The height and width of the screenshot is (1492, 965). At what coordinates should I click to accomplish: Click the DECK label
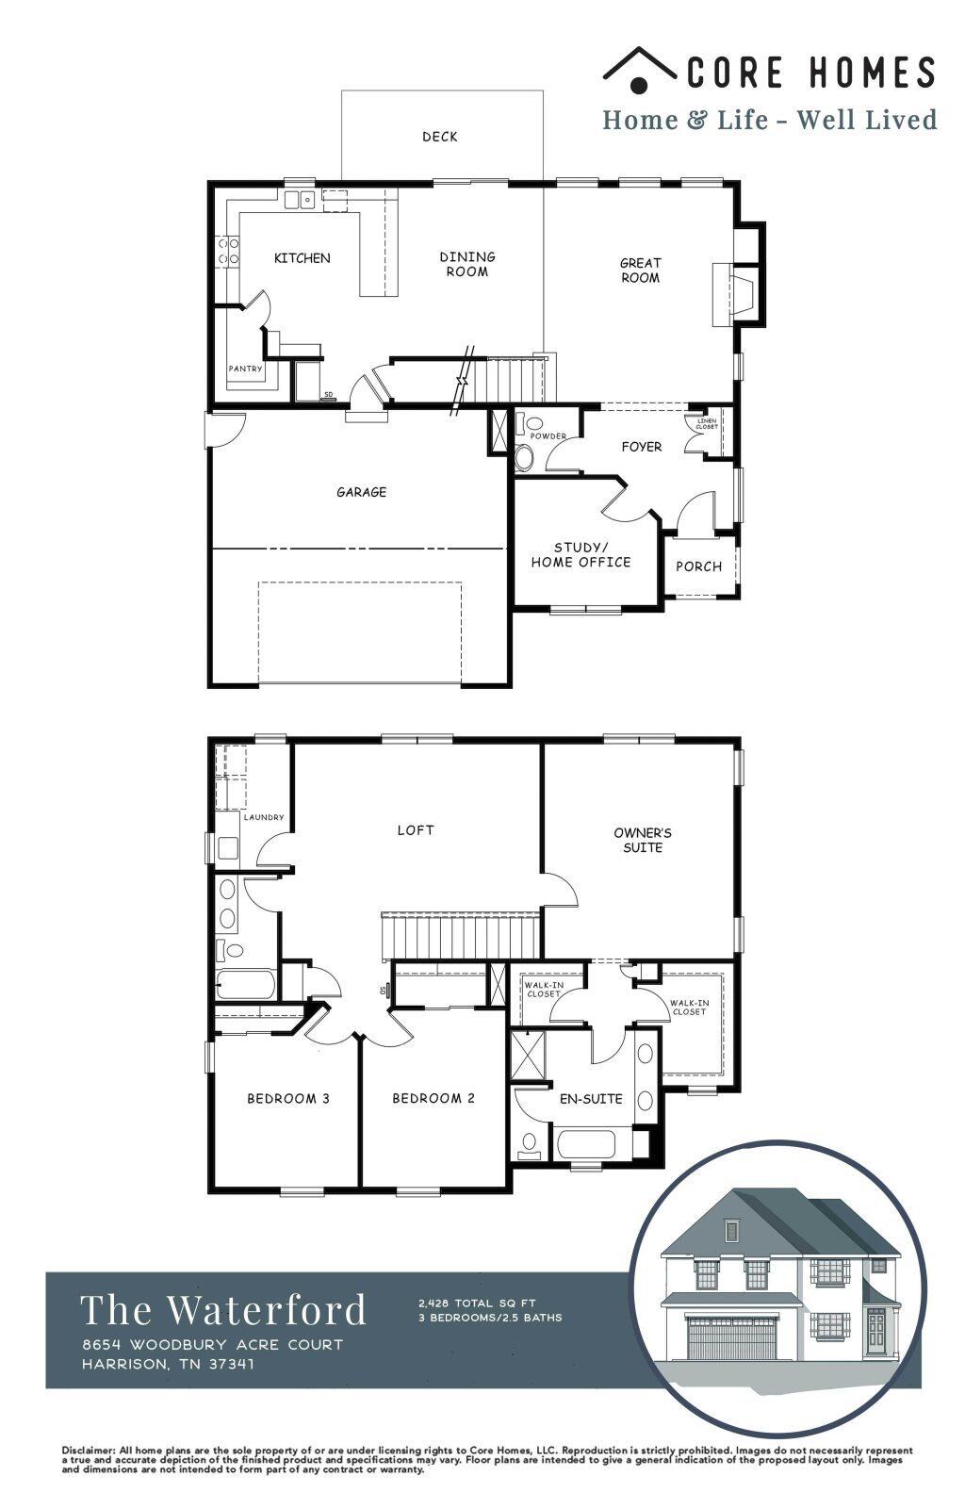439,137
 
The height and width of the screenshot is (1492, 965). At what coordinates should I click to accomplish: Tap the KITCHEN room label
302,257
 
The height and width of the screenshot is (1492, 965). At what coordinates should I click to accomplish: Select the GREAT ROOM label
640,270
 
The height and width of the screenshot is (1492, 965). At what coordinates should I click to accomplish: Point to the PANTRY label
245,369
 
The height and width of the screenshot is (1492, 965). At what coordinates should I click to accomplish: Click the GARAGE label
362,492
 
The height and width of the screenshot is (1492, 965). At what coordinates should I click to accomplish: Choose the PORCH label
698,566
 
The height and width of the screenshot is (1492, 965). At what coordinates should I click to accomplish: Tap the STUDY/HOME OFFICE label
581,554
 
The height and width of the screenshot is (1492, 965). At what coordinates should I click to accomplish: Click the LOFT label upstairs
416,830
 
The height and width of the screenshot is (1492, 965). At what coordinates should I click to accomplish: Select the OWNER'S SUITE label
643,840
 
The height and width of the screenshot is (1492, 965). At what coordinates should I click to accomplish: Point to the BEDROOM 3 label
288,1098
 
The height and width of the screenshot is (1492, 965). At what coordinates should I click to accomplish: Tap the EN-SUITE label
591,1098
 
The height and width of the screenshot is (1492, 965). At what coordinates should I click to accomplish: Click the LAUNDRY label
263,817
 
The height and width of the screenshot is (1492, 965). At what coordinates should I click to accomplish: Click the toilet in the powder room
524,457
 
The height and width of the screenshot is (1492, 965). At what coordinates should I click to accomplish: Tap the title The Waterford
223,1310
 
